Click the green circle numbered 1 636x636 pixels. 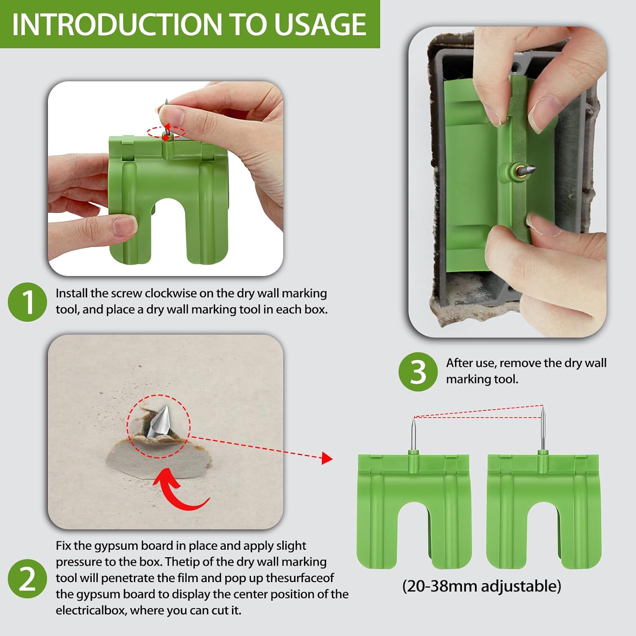tap(27, 302)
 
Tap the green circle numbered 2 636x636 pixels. tap(27, 579)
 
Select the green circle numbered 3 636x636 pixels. tap(418, 372)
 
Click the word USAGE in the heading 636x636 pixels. tap(320, 24)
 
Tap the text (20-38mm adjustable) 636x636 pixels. tap(482, 586)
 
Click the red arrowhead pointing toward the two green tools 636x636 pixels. tap(327, 458)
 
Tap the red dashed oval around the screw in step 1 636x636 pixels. tap(166, 131)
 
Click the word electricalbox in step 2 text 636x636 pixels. tap(91, 611)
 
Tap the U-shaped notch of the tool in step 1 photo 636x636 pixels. tap(169, 229)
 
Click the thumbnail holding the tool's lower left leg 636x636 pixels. tap(125, 226)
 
